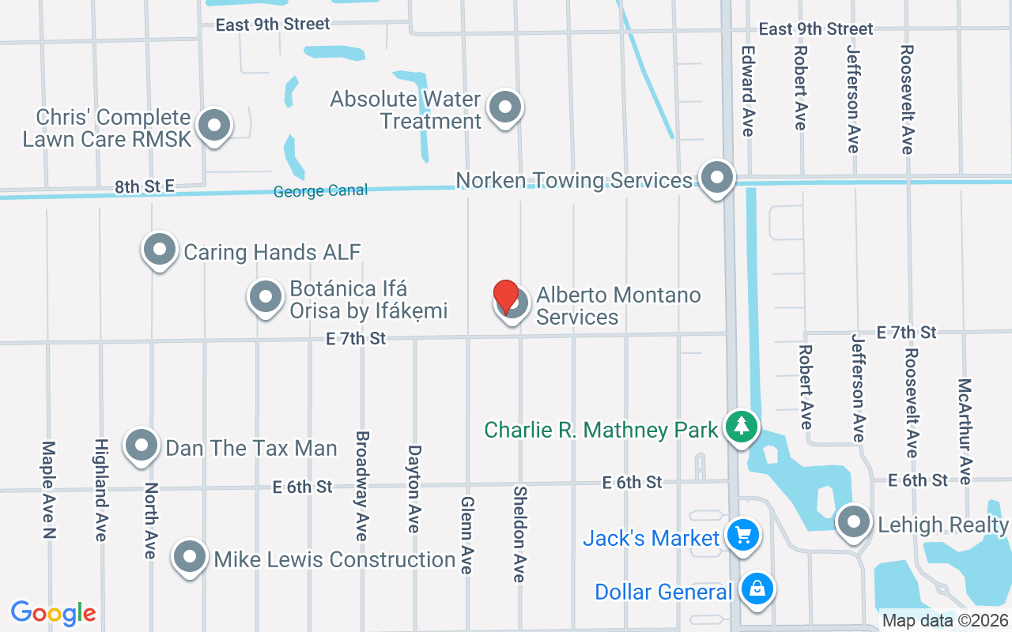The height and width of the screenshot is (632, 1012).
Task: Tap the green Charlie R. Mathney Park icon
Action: pyautogui.click(x=742, y=427)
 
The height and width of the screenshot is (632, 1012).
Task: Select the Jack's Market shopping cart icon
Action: pyautogui.click(x=742, y=536)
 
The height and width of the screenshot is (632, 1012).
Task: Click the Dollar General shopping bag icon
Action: pyautogui.click(x=757, y=589)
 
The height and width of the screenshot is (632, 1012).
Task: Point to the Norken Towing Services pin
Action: pyautogui.click(x=717, y=178)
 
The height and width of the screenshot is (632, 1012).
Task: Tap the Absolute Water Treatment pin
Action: pyautogui.click(x=504, y=107)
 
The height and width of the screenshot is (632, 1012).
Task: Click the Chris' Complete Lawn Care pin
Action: pyautogui.click(x=213, y=126)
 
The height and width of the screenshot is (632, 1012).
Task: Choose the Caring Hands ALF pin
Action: pyautogui.click(x=160, y=250)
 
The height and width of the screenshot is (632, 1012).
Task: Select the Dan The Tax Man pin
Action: pyautogui.click(x=142, y=445)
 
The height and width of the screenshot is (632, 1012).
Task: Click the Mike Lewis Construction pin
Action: pyautogui.click(x=190, y=557)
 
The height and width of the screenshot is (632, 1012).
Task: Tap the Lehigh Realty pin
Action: pyautogui.click(x=854, y=521)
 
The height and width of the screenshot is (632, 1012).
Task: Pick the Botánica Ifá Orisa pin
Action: pyautogui.click(x=266, y=298)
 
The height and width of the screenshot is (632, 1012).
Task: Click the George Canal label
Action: pyautogui.click(x=320, y=191)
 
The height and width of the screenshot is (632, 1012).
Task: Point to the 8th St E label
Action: pyautogui.click(x=144, y=187)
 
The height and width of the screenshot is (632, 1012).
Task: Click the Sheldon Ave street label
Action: pyautogui.click(x=519, y=534)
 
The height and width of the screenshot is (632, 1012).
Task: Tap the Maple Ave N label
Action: pyautogui.click(x=49, y=490)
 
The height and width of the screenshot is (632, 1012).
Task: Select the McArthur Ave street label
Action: pyautogui.click(x=965, y=431)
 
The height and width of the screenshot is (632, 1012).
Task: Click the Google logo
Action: pyautogui.click(x=54, y=613)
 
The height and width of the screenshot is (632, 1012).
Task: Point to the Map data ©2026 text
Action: pyautogui.click(x=946, y=621)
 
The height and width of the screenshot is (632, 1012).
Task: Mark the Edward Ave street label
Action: pyautogui.click(x=748, y=90)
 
